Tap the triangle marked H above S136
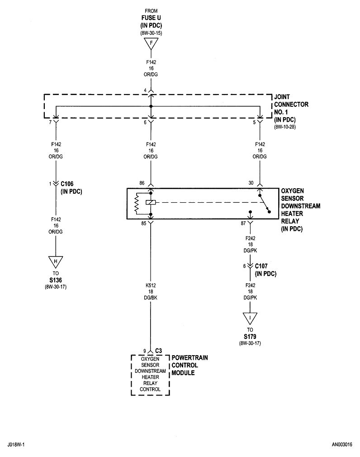point(56,262)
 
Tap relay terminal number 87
point(243,223)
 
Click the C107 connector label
point(262,267)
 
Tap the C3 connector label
point(158,350)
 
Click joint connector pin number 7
point(50,123)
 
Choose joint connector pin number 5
point(254,123)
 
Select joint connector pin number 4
point(145,90)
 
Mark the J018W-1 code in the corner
point(17,445)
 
